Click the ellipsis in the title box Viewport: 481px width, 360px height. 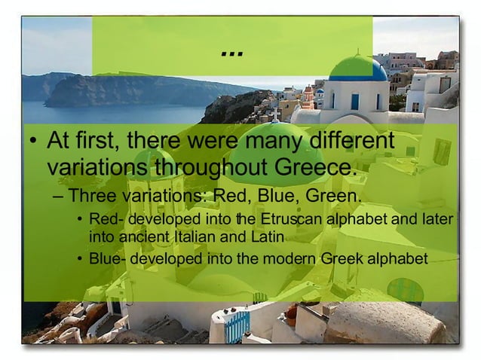pyautogui.click(x=232, y=53)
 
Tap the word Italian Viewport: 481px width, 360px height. pyautogui.click(x=193, y=236)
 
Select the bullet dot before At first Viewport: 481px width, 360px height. pyautogui.click(x=32, y=142)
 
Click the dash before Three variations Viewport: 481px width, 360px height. pyautogui.click(x=60, y=198)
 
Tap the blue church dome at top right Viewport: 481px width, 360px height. pyautogui.click(x=358, y=69)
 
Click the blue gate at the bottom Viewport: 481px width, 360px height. pyautogui.click(x=237, y=327)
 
